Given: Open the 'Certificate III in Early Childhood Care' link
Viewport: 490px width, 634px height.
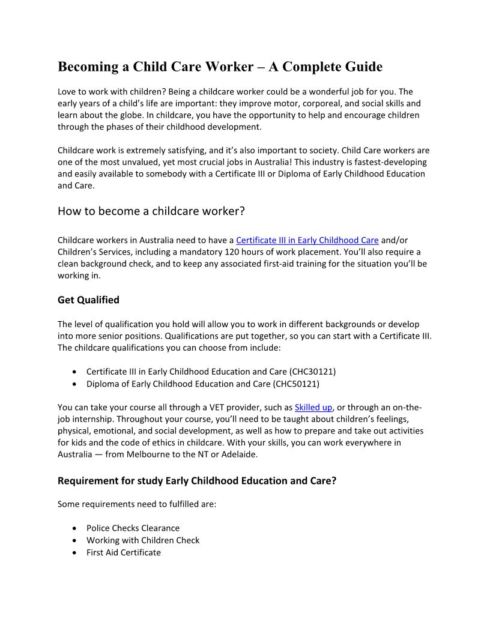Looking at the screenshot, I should pos(307,240).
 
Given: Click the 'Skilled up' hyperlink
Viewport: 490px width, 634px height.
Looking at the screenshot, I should pos(313,407).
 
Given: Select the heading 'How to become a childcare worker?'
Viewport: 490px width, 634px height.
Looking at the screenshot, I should pos(151,211).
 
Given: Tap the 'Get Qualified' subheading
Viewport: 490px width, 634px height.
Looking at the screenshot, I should pos(88,300).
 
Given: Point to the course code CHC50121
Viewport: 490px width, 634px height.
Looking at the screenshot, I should pos(295,384).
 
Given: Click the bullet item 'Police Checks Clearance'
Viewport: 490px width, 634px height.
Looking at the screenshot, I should pos(133,528).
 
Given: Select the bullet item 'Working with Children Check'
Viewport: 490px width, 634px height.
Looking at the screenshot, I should pos(142,540).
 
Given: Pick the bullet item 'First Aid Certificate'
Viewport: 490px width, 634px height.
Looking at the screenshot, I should pos(123,552).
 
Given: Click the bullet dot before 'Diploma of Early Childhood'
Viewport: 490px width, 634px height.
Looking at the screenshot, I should pos(74,384).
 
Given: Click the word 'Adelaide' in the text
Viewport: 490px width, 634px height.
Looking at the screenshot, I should pos(239,454).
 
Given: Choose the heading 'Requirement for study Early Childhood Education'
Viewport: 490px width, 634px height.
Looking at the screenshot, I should pos(197,481).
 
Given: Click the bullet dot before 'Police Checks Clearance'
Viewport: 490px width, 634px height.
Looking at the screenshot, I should pos(74,528).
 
